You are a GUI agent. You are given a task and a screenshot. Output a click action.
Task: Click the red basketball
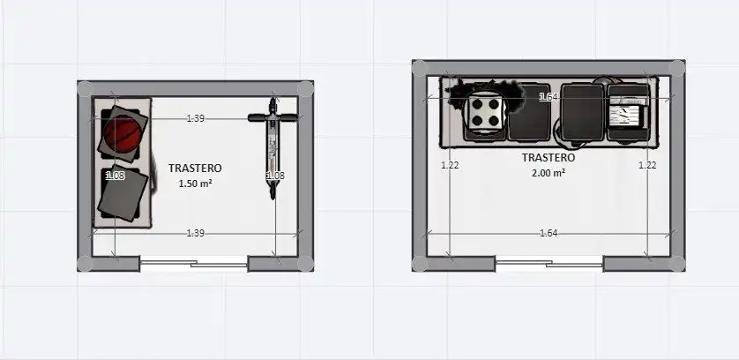(123, 134)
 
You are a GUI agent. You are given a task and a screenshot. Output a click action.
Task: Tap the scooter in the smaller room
(272, 147)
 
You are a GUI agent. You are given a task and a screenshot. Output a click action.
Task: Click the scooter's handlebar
(272, 117)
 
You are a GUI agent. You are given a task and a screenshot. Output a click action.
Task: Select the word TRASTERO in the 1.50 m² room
(195, 168)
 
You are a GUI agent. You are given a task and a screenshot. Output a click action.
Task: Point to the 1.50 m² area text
(195, 184)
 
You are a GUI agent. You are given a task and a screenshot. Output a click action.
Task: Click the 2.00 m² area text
(549, 173)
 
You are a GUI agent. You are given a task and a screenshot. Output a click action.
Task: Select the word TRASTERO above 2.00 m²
(549, 158)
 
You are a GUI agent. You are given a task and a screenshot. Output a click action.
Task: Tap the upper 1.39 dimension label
(196, 118)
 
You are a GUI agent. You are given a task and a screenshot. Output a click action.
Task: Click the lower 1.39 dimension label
(196, 233)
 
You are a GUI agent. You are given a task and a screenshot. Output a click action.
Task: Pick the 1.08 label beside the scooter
(276, 176)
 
